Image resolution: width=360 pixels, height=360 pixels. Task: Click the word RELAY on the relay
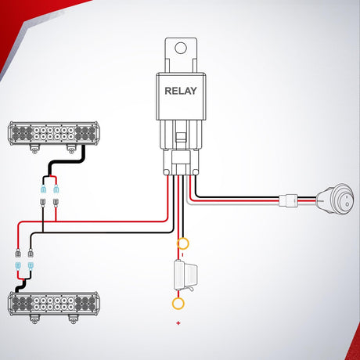(x=181, y=91)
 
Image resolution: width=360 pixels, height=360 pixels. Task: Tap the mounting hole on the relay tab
(x=181, y=49)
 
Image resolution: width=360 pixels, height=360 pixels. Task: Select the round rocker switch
(x=336, y=200)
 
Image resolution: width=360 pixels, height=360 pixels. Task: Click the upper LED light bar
(x=54, y=133)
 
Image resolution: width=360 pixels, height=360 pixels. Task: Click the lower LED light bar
(x=53, y=304)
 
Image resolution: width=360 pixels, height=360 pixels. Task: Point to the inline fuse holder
(x=185, y=276)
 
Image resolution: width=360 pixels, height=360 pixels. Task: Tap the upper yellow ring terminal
(x=182, y=244)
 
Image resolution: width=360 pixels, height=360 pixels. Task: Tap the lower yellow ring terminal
(x=178, y=304)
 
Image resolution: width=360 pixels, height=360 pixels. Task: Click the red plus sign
(x=178, y=323)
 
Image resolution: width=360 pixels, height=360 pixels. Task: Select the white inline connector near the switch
(x=288, y=200)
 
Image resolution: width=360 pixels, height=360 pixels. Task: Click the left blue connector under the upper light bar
(x=43, y=189)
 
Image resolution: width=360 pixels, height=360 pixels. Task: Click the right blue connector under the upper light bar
(x=56, y=189)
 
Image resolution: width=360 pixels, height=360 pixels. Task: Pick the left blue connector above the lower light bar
(x=18, y=266)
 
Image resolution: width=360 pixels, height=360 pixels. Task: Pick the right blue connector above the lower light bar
(x=31, y=266)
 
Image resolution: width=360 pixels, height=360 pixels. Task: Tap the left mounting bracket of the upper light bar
(x=34, y=148)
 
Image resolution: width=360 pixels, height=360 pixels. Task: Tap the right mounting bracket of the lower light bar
(x=73, y=319)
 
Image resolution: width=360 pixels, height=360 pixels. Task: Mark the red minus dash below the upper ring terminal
(x=182, y=254)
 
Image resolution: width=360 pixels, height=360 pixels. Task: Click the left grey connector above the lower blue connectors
(x=18, y=253)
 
